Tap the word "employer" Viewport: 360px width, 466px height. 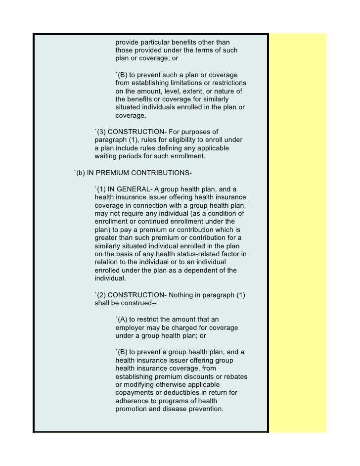(132, 328)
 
